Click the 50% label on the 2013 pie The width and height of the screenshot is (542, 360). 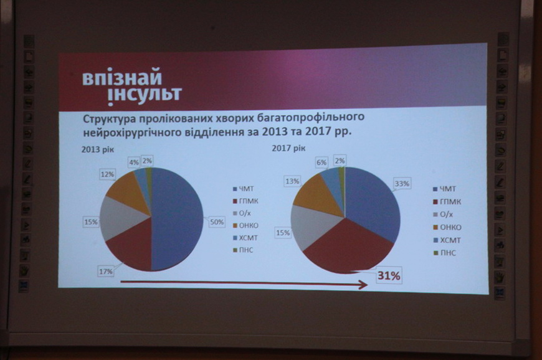coord(217,222)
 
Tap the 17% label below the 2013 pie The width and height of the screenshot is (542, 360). coord(106,272)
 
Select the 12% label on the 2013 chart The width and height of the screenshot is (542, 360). coord(108,174)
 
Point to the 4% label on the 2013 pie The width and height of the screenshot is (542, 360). coord(134,163)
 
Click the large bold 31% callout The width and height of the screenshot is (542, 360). coord(389,276)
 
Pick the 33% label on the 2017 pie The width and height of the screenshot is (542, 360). coord(402,184)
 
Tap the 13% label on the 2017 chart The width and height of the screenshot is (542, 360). coord(292,181)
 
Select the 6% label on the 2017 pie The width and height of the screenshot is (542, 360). coord(321,163)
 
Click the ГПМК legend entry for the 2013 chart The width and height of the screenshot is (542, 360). coord(245,201)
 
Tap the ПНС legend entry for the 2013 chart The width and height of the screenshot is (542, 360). coord(244,250)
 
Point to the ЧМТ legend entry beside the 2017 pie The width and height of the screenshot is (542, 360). coord(445,189)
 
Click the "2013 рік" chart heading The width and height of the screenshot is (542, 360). coord(97,150)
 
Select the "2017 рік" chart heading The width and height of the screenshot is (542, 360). coord(288,148)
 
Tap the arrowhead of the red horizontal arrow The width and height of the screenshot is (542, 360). coord(364,285)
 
